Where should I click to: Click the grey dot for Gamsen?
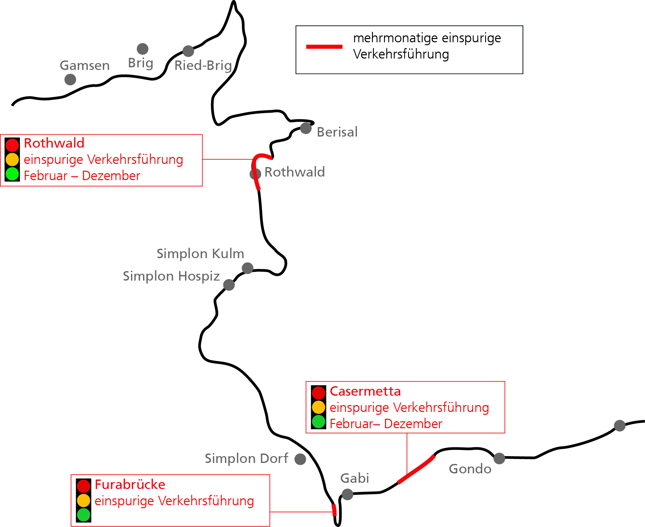70,79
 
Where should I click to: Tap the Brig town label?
140,63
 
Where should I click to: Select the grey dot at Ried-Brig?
188,51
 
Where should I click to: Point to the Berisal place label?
337,132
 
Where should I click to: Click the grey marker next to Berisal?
306,128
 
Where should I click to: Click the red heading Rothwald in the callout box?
54,143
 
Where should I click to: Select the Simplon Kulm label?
200,254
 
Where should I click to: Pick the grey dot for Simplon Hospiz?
229,285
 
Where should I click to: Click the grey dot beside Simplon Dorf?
300,459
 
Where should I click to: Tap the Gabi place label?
355,478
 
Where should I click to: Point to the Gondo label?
470,469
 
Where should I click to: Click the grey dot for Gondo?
499,458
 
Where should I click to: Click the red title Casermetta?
365,391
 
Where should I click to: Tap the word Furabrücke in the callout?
130,484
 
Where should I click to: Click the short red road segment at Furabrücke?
334,510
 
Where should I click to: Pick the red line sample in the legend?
324,47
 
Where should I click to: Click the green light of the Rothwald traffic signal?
12,174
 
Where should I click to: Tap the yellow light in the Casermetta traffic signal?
319,407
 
